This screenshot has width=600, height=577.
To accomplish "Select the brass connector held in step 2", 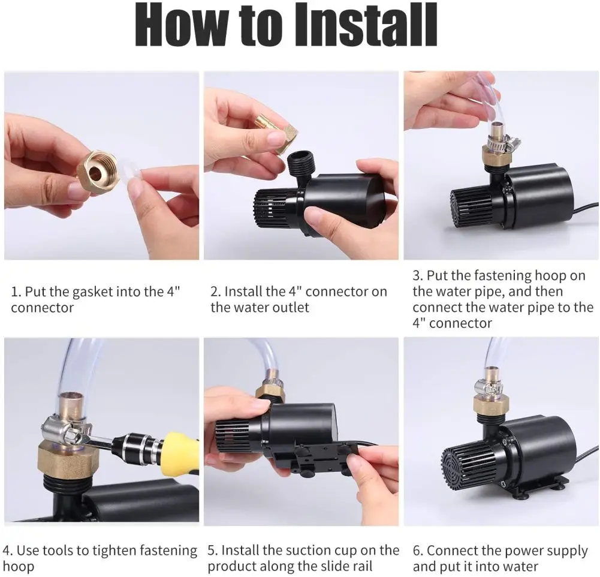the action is [280, 135].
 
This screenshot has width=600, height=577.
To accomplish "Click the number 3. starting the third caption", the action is [418, 276].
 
